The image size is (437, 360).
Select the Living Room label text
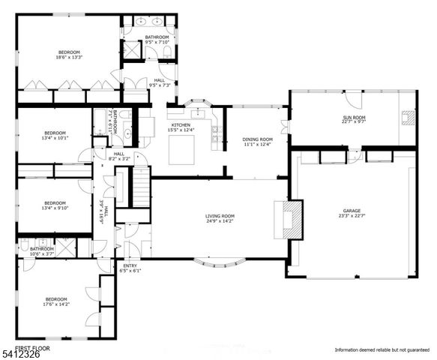tap(220, 217)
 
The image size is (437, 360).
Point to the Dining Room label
tap(257, 139)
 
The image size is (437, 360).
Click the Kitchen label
tap(181, 124)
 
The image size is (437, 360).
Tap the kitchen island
tap(182, 153)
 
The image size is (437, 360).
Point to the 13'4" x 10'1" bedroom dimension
tap(57, 138)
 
